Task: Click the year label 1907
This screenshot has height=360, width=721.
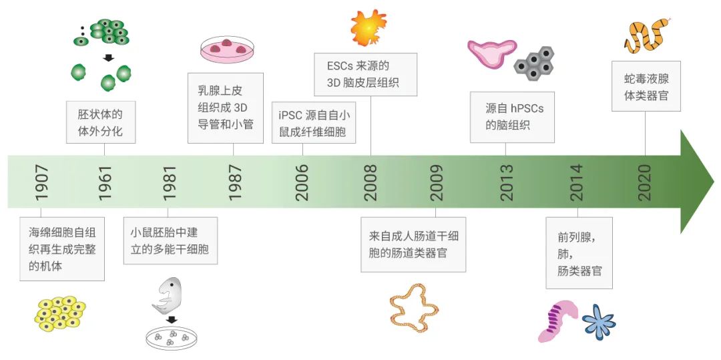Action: [41, 182]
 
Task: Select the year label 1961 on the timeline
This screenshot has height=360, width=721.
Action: [105, 182]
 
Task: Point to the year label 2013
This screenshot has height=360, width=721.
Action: [507, 182]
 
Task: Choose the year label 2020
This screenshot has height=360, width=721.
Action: [645, 182]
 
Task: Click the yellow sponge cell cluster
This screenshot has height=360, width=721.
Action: [59, 313]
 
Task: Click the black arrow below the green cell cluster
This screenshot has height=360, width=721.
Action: [108, 58]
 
